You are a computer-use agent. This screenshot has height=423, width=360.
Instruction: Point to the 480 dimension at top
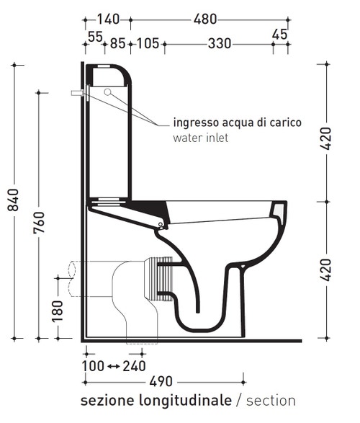click(x=204, y=20)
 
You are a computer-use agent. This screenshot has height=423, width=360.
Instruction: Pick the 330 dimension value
click(x=220, y=45)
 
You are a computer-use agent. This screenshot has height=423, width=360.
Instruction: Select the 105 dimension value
click(x=146, y=45)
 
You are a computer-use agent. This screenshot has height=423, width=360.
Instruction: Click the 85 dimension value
click(x=117, y=45)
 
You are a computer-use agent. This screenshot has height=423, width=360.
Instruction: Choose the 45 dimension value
click(x=279, y=34)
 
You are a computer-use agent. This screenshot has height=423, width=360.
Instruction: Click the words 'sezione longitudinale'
click(x=156, y=400)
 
